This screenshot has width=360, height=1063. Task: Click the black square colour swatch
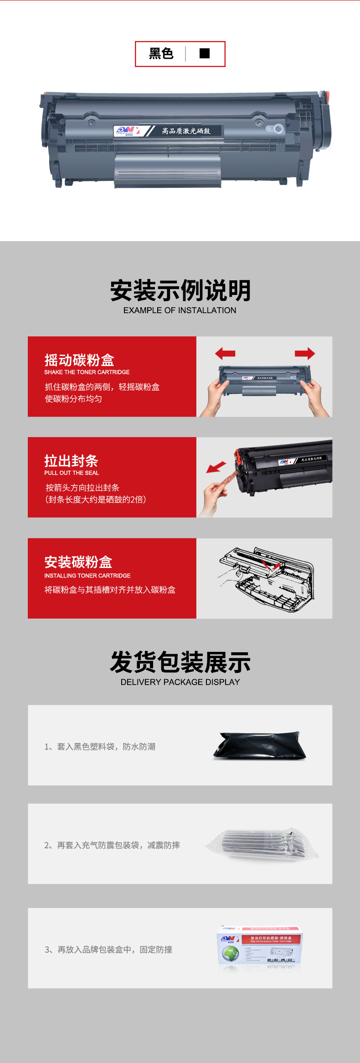tap(205, 53)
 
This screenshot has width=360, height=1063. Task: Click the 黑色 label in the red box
tap(161, 54)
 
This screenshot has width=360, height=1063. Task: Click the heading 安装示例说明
tap(180, 290)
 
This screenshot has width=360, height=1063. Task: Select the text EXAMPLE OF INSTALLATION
tap(180, 310)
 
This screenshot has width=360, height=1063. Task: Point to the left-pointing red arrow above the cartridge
tap(225, 353)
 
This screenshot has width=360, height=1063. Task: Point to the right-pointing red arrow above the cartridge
tap(305, 353)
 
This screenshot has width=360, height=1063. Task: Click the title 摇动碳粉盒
tap(79, 360)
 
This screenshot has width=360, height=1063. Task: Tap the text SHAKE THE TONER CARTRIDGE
tap(87, 372)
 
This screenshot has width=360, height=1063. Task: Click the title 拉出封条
tap(71, 461)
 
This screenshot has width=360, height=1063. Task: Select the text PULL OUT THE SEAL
tap(72, 473)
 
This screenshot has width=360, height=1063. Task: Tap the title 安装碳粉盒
tap(78, 562)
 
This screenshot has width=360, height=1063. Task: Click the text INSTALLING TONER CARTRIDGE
tap(87, 576)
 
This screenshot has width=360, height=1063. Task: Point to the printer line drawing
tap(267, 578)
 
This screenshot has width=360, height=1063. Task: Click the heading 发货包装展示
tap(180, 662)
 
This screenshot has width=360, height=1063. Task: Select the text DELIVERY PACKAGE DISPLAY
tap(180, 682)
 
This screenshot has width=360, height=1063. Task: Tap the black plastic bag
tap(259, 746)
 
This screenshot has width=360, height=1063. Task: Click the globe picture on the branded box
tap(231, 953)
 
